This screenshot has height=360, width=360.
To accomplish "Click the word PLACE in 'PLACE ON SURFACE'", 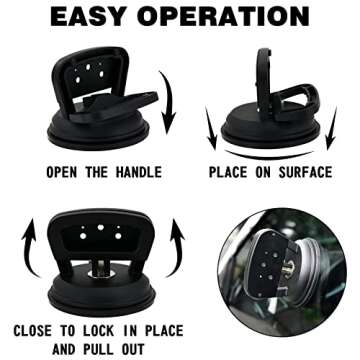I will pos(232,172).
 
